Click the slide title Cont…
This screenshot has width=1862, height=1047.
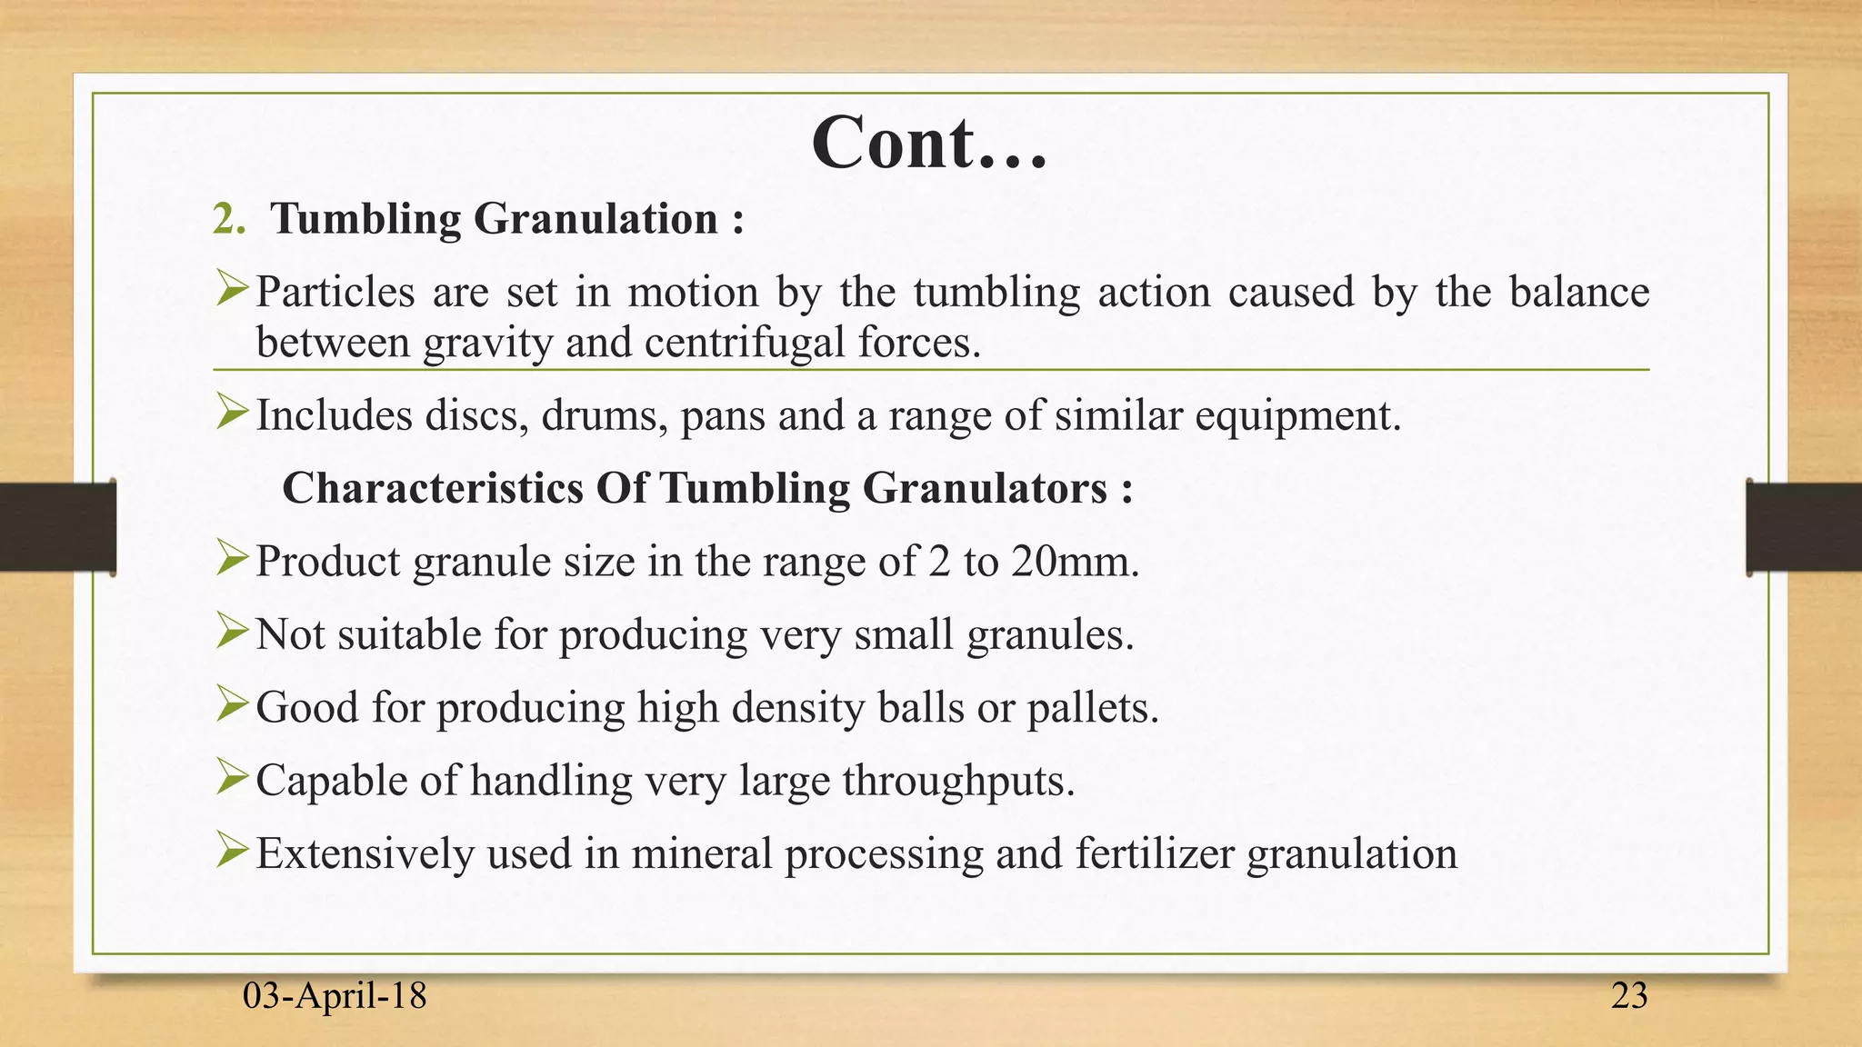(929, 144)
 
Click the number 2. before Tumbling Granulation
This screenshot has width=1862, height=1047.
(228, 220)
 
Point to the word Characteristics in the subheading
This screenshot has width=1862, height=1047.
(433, 488)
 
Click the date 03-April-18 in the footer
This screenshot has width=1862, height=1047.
(335, 996)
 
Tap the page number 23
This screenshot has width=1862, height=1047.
(1628, 996)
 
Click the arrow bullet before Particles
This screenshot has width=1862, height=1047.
(232, 291)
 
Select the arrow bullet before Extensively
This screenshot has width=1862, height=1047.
(232, 853)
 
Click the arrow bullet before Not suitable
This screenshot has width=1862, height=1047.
(232, 633)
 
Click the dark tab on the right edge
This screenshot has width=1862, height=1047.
(1804, 527)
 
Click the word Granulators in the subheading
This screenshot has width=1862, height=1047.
(984, 488)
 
